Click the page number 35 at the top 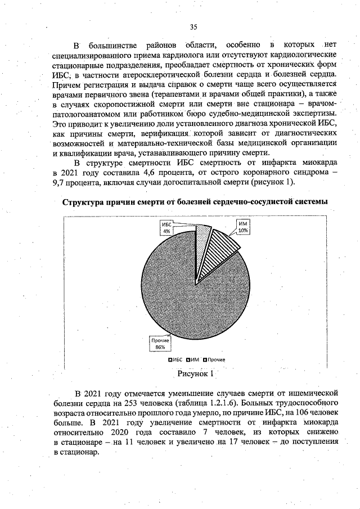193,27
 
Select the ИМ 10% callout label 243,227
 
